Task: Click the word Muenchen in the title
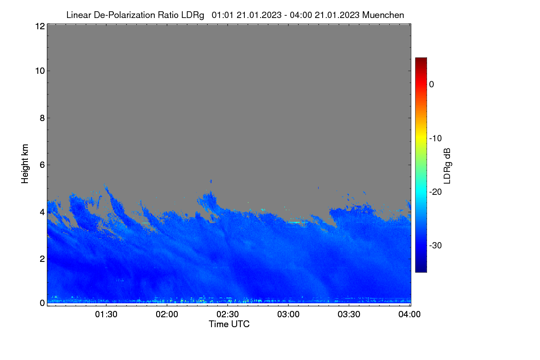tap(383, 15)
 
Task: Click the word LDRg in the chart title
tap(193, 15)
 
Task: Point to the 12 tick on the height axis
tap(40, 26)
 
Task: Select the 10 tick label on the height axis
tap(40, 71)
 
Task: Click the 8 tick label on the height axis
tap(42, 118)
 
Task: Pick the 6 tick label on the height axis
tap(42, 165)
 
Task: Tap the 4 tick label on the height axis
tap(42, 212)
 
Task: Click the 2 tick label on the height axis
tap(42, 259)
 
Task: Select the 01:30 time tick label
tap(106, 314)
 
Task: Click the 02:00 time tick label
tap(167, 314)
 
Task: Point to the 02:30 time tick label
tap(228, 314)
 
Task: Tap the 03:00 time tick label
tap(288, 314)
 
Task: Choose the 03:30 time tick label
tap(349, 314)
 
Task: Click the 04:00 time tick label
tap(409, 314)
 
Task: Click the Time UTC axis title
tap(229, 324)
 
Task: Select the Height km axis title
tap(25, 164)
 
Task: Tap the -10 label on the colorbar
tap(436, 139)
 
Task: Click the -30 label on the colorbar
tap(436, 245)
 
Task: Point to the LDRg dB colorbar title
tap(447, 166)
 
